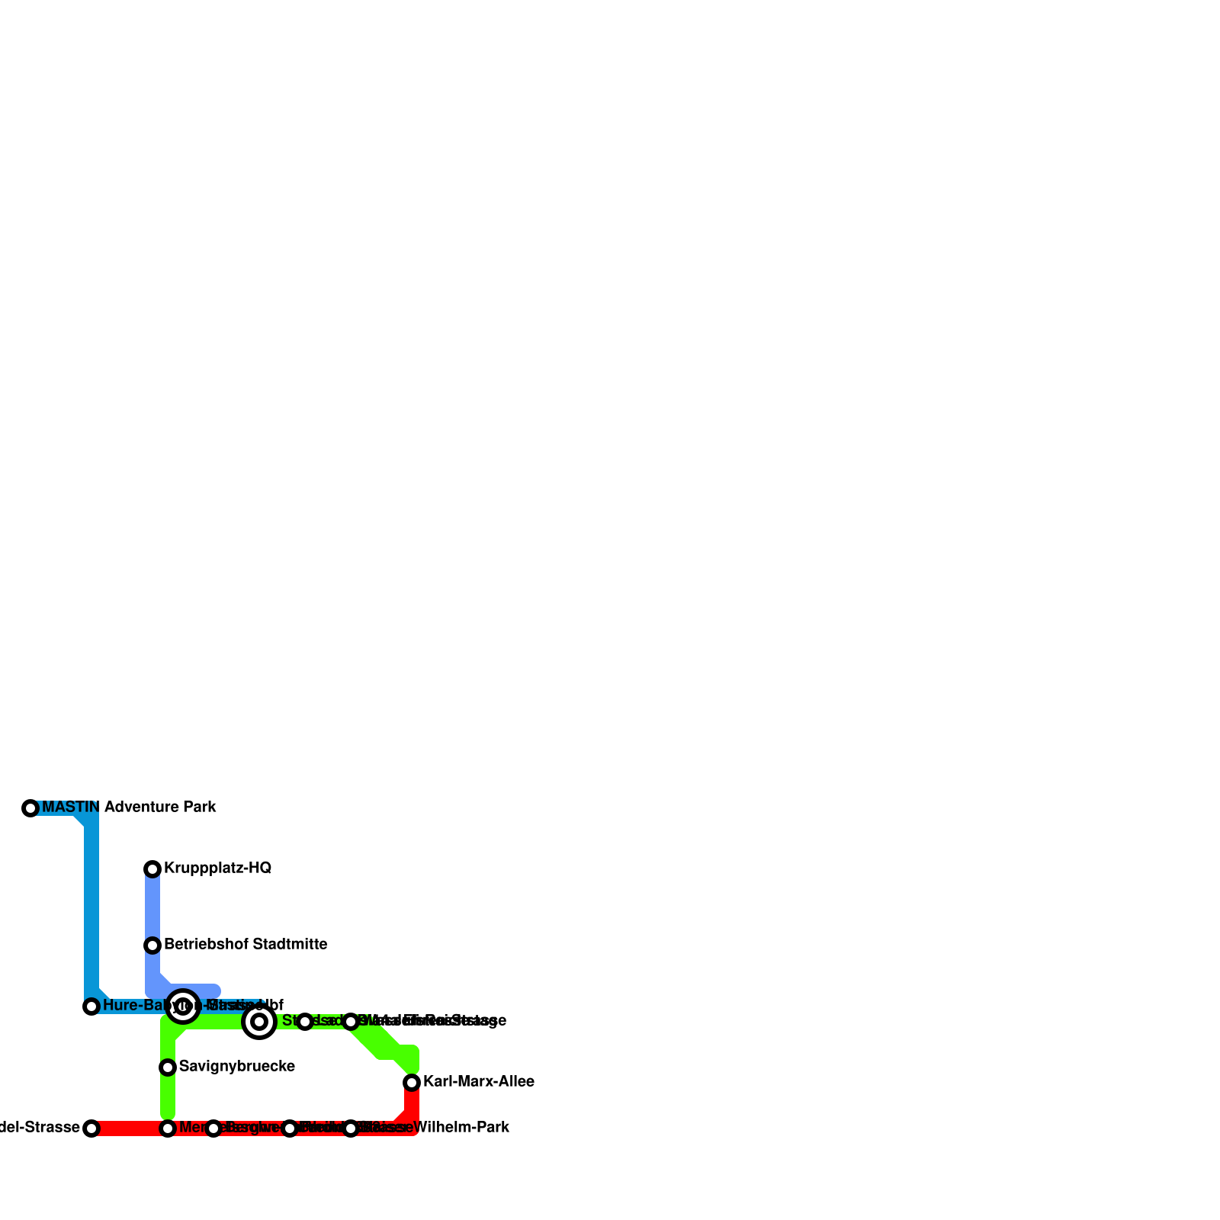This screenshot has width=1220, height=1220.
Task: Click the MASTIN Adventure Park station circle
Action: coord(30,808)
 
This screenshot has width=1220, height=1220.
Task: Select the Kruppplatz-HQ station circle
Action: coord(152,869)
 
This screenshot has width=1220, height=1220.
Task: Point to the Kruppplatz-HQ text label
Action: coord(217,868)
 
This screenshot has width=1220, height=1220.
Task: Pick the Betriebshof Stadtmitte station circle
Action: coord(152,945)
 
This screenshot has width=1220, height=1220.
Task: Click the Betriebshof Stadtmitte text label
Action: coord(246,945)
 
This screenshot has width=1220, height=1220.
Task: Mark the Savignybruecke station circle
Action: coord(168,1067)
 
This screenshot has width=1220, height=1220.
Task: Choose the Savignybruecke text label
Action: coord(236,1067)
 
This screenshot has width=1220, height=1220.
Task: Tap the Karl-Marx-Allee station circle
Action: coord(412,1083)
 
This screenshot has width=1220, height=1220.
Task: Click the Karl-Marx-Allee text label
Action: coord(478,1082)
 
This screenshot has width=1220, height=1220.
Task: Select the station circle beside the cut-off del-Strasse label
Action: coord(91,1128)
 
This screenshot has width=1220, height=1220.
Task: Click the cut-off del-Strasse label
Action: coord(40,1128)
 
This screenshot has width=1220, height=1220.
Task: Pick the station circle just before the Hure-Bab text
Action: coord(91,1006)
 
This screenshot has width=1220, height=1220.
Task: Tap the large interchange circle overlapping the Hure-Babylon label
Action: coord(183,1006)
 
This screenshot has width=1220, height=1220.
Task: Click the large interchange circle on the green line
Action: coord(259,1022)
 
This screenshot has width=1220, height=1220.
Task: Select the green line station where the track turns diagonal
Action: coord(351,1022)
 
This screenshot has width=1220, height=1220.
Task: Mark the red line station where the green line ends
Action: coord(168,1128)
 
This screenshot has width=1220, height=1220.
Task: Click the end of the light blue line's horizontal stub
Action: coord(216,991)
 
